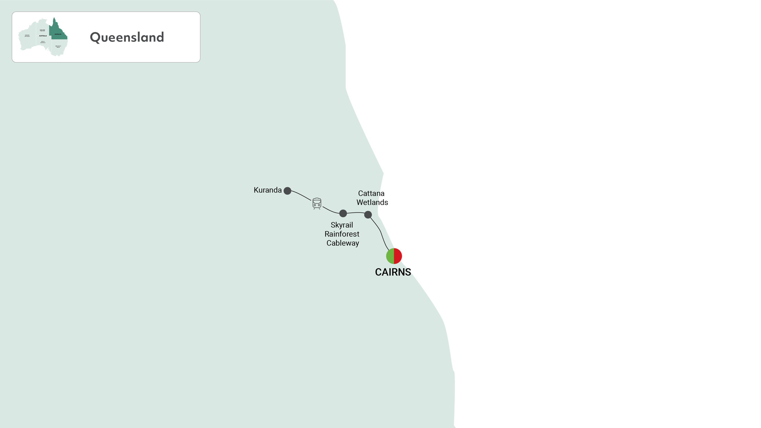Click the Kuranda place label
(x=267, y=190)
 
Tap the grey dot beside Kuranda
(x=287, y=191)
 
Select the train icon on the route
(x=317, y=203)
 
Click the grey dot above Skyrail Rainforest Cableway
(x=343, y=213)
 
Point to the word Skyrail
(x=342, y=225)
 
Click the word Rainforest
(x=342, y=234)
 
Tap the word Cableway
(x=343, y=243)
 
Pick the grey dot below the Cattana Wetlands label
(x=368, y=215)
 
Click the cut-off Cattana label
(x=369, y=193)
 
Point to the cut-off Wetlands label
(x=368, y=203)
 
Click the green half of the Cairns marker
(x=390, y=256)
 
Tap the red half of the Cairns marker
(x=398, y=256)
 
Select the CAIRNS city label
(x=393, y=272)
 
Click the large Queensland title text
(x=127, y=37)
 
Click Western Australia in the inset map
(x=27, y=36)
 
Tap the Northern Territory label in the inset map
(x=43, y=30)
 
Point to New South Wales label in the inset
(x=58, y=47)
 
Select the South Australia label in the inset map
(x=43, y=42)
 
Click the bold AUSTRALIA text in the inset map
(x=43, y=36)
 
